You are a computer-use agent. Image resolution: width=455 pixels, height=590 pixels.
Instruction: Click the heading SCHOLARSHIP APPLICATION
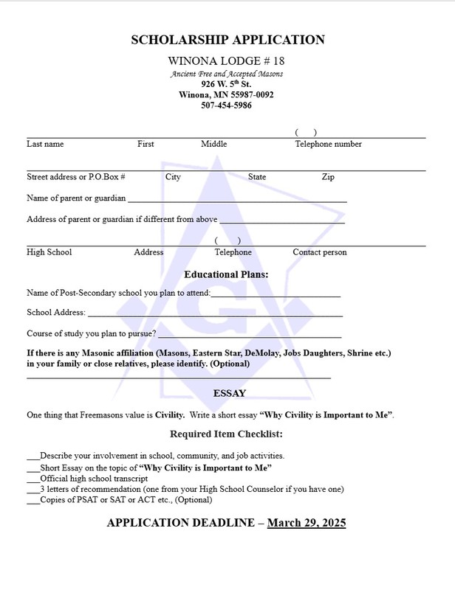point(227,40)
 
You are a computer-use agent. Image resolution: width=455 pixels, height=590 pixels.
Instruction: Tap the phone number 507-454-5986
point(226,105)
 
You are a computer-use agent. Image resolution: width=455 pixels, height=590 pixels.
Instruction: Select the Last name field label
point(45,145)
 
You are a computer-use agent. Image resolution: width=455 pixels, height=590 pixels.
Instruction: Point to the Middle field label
point(213,145)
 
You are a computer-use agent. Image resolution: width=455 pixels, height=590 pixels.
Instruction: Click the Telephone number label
point(328,145)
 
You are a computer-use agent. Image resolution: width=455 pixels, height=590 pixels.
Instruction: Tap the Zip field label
point(328,178)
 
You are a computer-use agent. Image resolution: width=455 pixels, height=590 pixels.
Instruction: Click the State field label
point(257,178)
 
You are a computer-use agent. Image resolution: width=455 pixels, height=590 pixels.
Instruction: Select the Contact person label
point(319,252)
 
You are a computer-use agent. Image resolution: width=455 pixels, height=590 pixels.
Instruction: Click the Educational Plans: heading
point(226,274)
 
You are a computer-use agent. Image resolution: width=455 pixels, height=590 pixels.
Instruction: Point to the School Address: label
point(56,313)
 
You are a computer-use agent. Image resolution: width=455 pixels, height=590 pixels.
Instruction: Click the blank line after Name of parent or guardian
point(236,200)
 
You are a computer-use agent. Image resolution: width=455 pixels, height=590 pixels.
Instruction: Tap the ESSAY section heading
point(229,393)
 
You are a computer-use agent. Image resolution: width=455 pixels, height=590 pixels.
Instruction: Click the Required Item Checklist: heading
point(227,434)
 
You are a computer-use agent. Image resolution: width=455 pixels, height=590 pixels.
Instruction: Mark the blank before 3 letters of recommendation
point(32,490)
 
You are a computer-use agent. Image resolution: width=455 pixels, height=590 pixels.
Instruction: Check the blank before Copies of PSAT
point(32,500)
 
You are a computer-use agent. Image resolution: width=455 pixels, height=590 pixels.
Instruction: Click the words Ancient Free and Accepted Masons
point(226,74)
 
